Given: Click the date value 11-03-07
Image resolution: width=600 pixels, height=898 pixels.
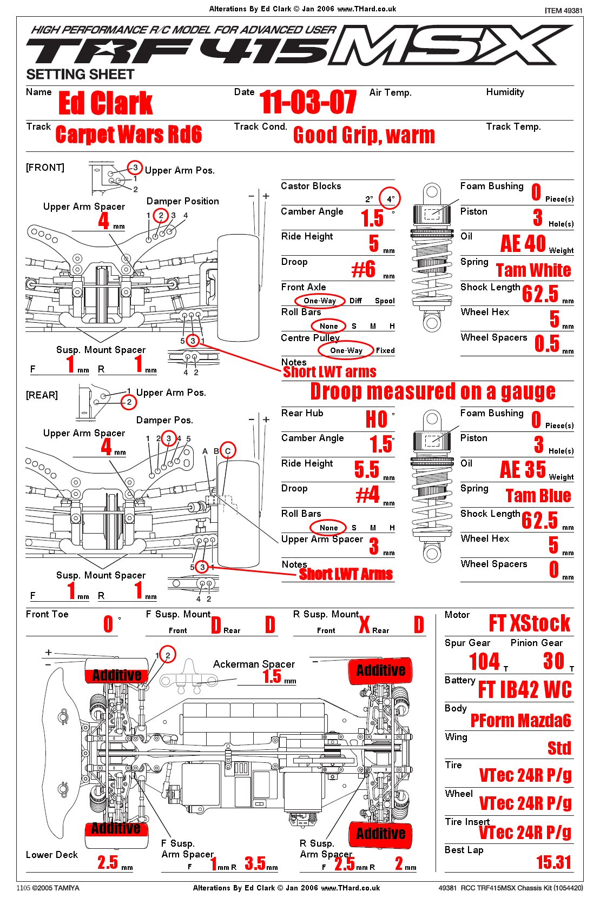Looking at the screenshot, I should (x=308, y=103).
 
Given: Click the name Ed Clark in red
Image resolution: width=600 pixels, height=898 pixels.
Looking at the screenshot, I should (x=106, y=103).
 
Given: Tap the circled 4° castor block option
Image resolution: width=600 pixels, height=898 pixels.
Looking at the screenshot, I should (x=390, y=199).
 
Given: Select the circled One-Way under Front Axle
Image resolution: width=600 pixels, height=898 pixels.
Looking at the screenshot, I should (x=320, y=301).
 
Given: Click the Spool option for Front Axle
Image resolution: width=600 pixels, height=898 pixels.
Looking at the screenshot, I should (x=385, y=301).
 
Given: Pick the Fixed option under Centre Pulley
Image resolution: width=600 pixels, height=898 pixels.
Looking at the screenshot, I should (x=385, y=350).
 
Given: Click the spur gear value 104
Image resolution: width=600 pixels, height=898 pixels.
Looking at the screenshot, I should (x=484, y=661).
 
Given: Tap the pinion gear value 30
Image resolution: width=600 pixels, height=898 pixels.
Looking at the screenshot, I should (x=553, y=661).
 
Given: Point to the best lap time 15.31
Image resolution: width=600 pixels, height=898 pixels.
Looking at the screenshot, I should (x=553, y=862).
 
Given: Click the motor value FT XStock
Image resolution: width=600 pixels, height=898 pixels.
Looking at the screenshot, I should (x=529, y=623).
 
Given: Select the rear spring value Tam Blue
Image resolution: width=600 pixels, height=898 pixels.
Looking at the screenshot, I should (x=538, y=496).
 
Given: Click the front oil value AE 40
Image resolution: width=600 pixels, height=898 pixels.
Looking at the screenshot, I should (x=523, y=244).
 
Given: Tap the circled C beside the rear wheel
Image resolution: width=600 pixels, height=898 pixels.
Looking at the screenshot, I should (x=228, y=451).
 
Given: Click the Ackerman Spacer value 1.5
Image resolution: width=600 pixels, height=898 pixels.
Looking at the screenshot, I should (x=272, y=676).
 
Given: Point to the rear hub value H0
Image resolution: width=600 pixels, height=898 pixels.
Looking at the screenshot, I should (x=377, y=419).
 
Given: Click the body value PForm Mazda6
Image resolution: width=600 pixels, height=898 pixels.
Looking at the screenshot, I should (x=520, y=721).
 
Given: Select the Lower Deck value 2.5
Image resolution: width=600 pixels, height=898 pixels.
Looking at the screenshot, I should (x=108, y=862).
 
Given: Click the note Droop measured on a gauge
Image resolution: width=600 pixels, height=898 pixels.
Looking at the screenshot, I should (x=433, y=391).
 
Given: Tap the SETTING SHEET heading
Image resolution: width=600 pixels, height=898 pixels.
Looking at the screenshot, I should (x=80, y=75).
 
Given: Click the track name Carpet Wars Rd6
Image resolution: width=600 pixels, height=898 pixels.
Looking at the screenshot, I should (x=129, y=135).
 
